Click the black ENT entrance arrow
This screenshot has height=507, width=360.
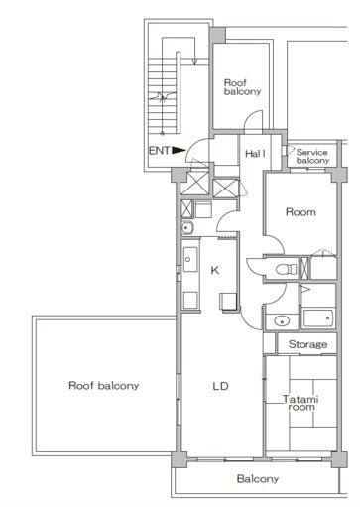click(x=179, y=150)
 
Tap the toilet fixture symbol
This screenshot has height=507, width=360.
click(x=287, y=269)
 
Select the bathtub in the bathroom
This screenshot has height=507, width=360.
click(x=318, y=318)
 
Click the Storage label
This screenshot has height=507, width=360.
click(x=307, y=344)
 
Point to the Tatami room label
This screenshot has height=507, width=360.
click(x=300, y=403)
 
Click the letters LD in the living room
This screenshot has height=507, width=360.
click(x=220, y=386)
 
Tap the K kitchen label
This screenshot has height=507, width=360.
click(x=215, y=270)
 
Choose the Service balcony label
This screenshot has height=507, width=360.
click(x=312, y=157)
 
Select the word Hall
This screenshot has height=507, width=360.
click(x=255, y=154)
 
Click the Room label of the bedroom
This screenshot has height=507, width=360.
click(x=300, y=212)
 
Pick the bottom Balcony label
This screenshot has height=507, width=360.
click(x=258, y=478)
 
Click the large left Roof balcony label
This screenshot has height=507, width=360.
click(x=103, y=386)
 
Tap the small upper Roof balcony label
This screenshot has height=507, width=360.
click(x=242, y=87)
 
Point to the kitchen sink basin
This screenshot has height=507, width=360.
click(x=190, y=260)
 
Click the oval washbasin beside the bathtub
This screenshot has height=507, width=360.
click(x=282, y=320)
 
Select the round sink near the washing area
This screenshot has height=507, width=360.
click(x=187, y=228)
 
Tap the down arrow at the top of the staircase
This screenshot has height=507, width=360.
click(x=194, y=62)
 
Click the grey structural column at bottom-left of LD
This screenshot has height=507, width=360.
click(x=179, y=459)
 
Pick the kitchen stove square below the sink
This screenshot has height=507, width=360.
click(x=190, y=300)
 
